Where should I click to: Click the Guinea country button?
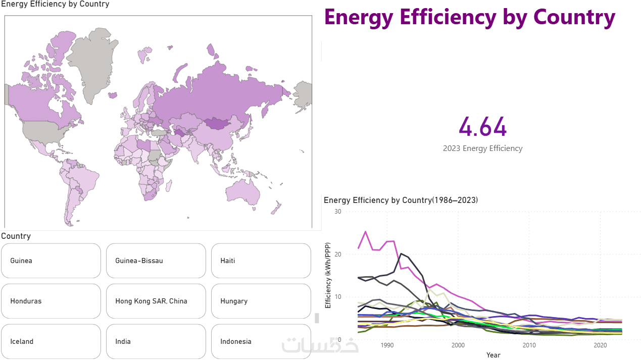(x=51, y=261)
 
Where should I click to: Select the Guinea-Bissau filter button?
(x=156, y=261)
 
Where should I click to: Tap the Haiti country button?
(x=261, y=261)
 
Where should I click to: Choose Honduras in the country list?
(x=51, y=301)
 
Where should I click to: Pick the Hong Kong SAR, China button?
(x=156, y=301)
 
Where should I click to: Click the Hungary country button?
(x=261, y=301)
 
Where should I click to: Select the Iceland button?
(x=51, y=341)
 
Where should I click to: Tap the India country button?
(x=156, y=341)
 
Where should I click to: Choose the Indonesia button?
(x=261, y=341)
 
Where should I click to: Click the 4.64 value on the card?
(x=482, y=127)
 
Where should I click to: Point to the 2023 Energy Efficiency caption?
(x=482, y=148)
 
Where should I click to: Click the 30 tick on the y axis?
(x=338, y=212)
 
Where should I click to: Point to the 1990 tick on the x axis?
(x=387, y=345)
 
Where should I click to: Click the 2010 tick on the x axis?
(x=529, y=345)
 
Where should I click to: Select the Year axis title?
(x=493, y=355)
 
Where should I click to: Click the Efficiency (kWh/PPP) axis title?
(x=328, y=275)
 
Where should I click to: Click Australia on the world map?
(x=242, y=192)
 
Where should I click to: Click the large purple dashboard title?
(x=470, y=17)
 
